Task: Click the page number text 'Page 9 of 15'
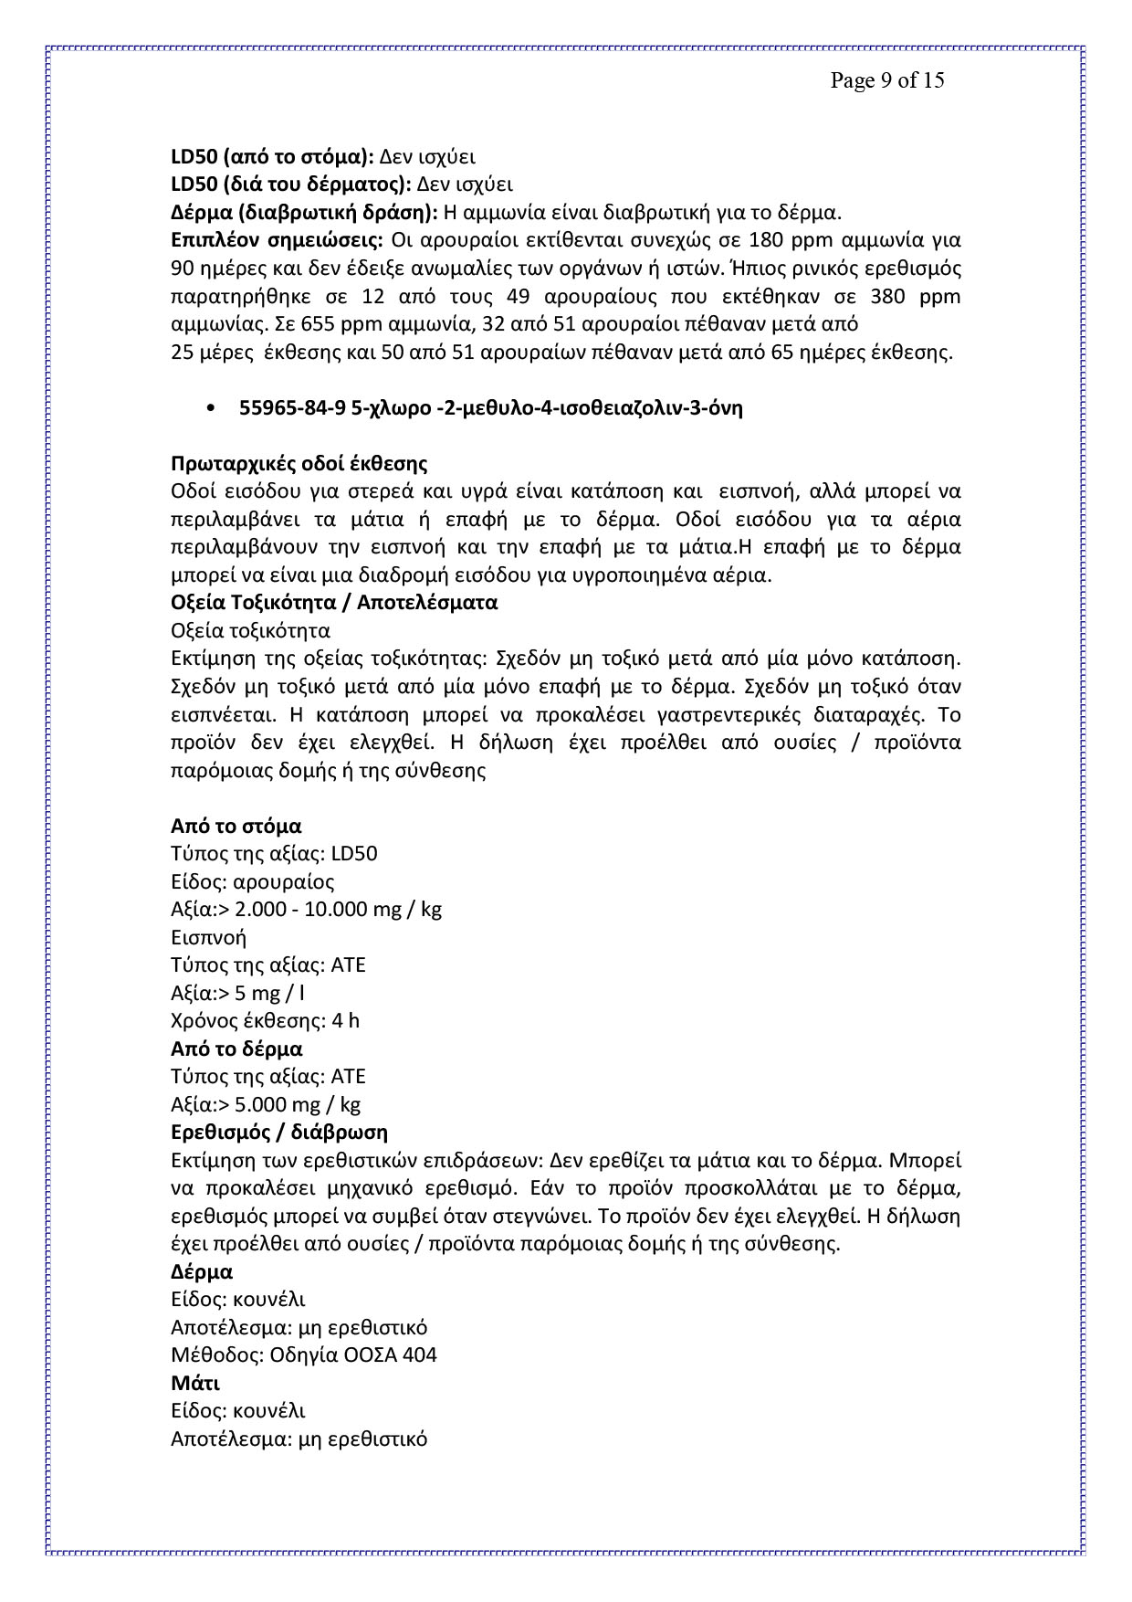886,80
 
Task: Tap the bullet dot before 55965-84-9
212,409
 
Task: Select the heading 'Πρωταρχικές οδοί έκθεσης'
299,464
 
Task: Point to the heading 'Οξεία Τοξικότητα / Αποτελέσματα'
334,603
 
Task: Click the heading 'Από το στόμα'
236,826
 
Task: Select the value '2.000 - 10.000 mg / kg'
339,910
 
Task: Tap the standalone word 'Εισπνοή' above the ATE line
208,937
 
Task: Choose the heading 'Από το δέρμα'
236,1049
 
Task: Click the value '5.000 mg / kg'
298,1104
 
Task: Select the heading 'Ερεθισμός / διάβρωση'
279,1133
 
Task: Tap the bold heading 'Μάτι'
195,1383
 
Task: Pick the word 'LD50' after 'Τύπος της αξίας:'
354,854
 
